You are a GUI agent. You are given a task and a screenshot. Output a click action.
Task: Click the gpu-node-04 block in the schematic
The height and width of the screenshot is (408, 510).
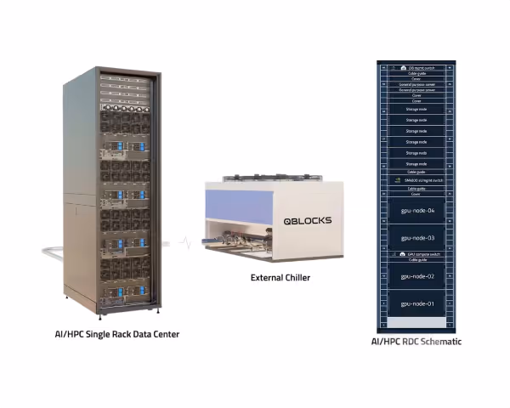pyautogui.click(x=417, y=210)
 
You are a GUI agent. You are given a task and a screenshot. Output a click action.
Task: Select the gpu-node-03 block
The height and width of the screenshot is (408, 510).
pyautogui.click(x=417, y=238)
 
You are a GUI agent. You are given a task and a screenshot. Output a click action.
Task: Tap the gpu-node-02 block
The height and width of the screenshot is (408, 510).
pyautogui.click(x=417, y=276)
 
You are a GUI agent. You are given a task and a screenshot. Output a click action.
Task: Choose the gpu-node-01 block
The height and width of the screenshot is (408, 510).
pyautogui.click(x=417, y=303)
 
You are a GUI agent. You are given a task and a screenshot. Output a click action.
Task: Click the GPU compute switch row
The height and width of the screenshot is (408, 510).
pyautogui.click(x=417, y=254)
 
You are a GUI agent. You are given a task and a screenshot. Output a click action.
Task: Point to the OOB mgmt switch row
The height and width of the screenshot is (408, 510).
pyautogui.click(x=417, y=67)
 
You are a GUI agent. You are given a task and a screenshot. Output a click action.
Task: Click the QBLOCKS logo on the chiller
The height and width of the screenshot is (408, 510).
pyautogui.click(x=308, y=221)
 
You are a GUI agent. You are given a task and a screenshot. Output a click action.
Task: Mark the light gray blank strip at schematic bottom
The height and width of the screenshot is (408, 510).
pyautogui.click(x=417, y=322)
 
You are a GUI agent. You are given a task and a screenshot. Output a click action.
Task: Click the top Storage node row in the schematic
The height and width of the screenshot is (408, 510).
pyautogui.click(x=417, y=110)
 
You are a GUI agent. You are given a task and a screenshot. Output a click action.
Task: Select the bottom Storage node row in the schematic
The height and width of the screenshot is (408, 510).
pyautogui.click(x=417, y=163)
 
